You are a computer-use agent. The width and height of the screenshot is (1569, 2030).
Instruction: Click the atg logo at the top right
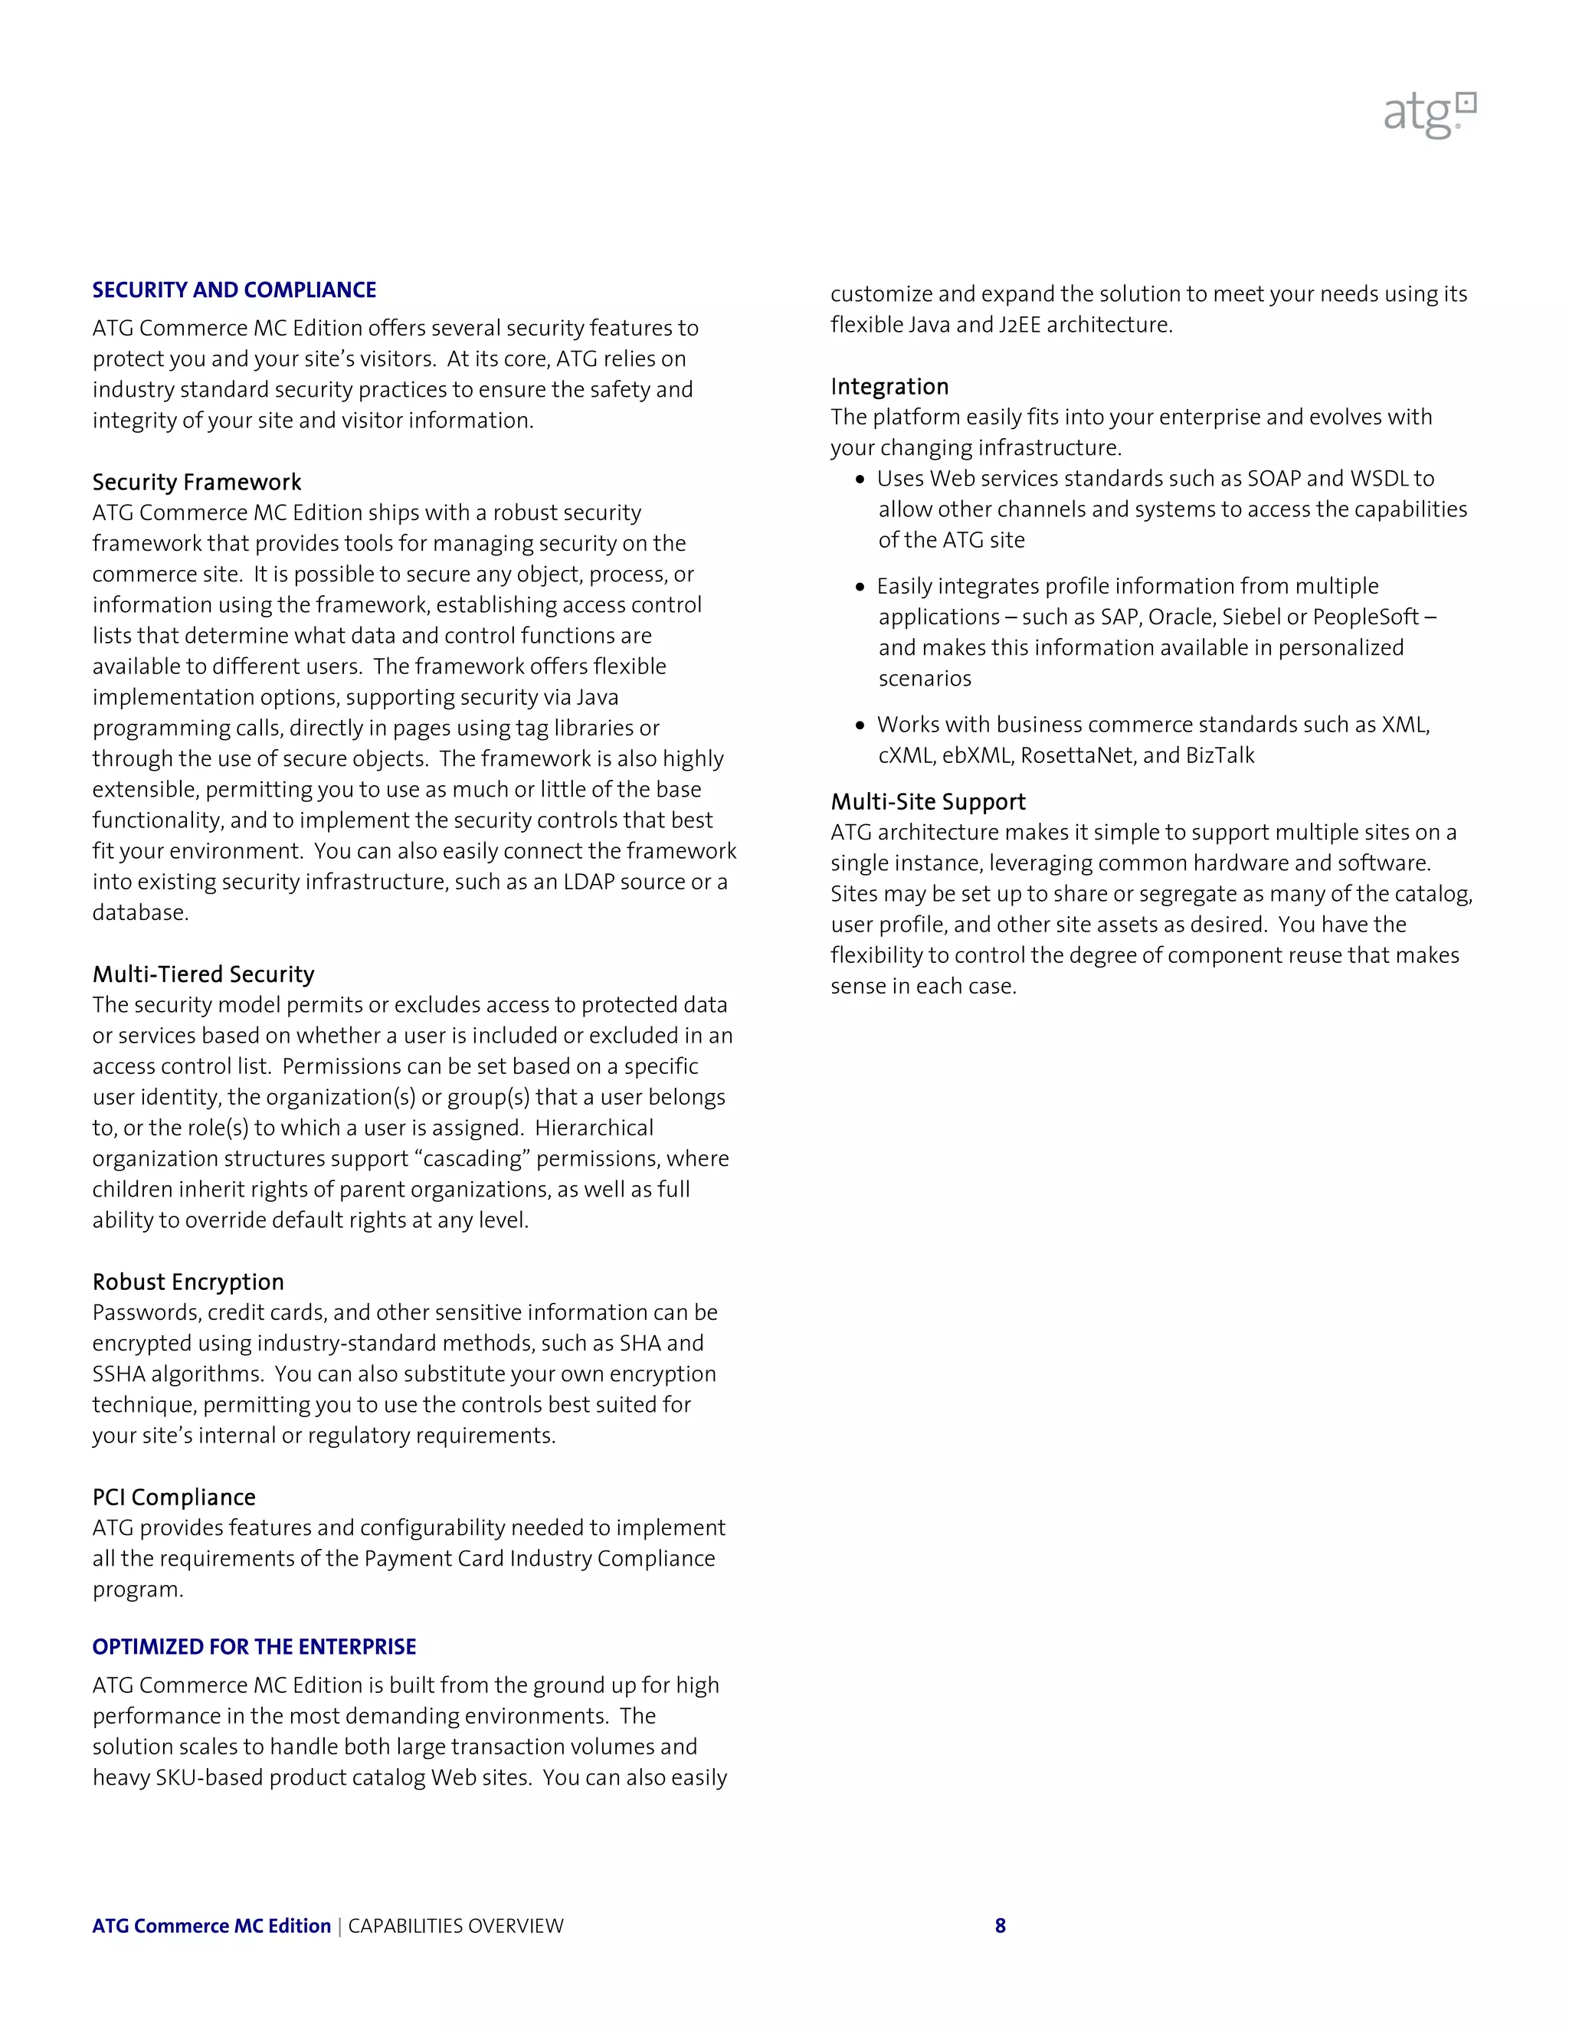[1430, 115]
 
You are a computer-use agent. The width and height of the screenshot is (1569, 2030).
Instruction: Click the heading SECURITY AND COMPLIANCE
[234, 290]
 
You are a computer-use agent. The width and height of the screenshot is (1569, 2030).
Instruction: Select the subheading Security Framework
[196, 483]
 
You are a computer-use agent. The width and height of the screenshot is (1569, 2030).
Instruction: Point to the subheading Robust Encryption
[188, 1282]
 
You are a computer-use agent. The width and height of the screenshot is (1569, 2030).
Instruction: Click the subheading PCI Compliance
[174, 1498]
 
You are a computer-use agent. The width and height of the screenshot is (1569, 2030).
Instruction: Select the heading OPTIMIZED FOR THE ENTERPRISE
[254, 1647]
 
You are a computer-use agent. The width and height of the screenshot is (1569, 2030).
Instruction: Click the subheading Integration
[889, 387]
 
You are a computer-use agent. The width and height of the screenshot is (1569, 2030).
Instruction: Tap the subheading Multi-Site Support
[928, 802]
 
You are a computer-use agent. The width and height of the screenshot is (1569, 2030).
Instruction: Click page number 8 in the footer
[1000, 1926]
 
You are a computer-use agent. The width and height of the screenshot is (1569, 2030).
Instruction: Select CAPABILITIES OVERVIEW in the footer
[456, 1926]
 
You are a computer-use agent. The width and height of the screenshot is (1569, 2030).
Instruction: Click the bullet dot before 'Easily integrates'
[860, 588]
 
